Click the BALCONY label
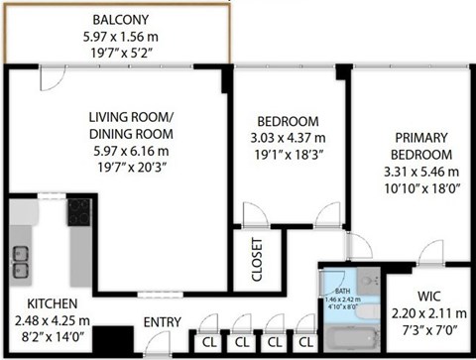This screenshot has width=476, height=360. [121, 20]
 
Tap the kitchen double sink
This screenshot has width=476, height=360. [20, 259]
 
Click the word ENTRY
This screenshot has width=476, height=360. [162, 322]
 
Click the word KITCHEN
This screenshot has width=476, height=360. [40, 305]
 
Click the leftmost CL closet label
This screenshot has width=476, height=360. [210, 342]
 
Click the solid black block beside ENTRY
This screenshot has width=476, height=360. [120, 339]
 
